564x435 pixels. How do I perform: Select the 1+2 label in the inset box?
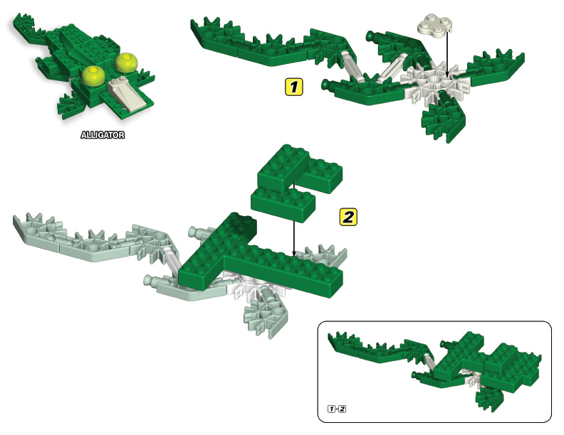pyautogui.click(x=337, y=408)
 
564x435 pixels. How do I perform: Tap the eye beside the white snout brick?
pyautogui.click(x=127, y=63)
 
